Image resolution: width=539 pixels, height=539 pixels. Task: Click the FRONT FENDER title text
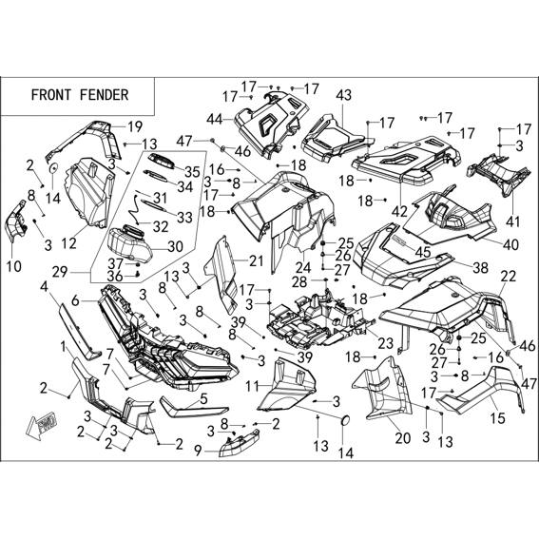[x=80, y=95]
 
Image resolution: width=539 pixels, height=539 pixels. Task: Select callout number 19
[x=135, y=126]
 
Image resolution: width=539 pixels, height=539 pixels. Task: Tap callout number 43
[x=344, y=95]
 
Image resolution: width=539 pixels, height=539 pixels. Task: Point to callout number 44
[x=215, y=120]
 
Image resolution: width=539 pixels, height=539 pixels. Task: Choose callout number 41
[x=513, y=222]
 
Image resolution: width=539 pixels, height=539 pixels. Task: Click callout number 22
[x=509, y=276]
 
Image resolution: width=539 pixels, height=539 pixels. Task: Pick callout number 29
[x=60, y=273]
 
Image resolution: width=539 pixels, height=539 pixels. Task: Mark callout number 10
[x=13, y=266]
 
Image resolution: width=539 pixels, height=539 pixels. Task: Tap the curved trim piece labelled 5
[x=194, y=410]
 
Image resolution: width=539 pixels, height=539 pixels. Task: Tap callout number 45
[x=423, y=252]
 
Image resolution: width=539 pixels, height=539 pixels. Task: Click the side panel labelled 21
[x=221, y=275]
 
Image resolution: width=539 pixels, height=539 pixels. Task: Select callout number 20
[x=403, y=438]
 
